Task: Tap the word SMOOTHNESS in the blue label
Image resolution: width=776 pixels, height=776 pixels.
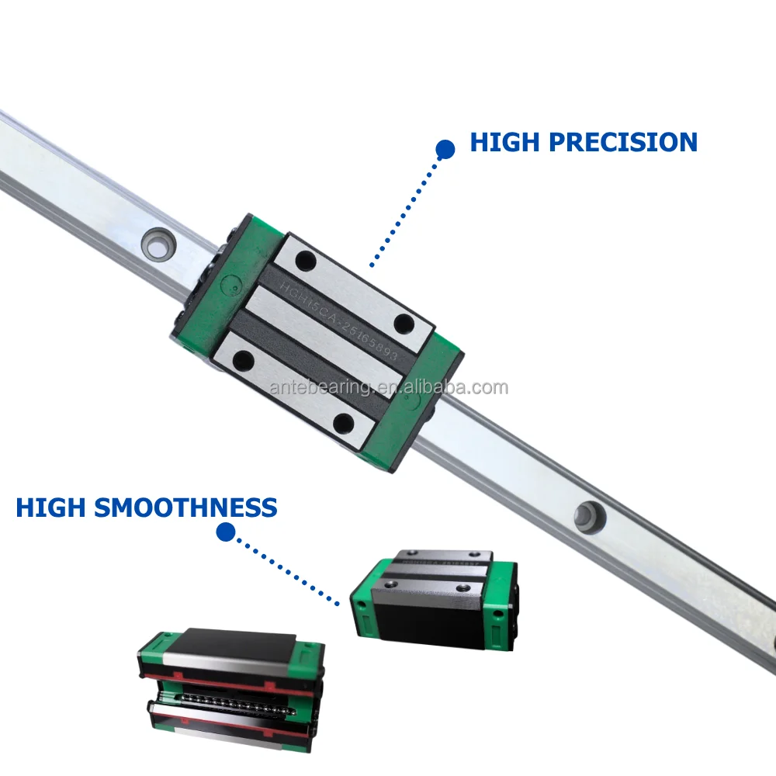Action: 186,508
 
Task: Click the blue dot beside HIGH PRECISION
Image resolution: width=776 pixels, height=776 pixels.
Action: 445,149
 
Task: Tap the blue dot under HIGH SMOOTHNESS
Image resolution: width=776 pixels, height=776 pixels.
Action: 226,532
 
